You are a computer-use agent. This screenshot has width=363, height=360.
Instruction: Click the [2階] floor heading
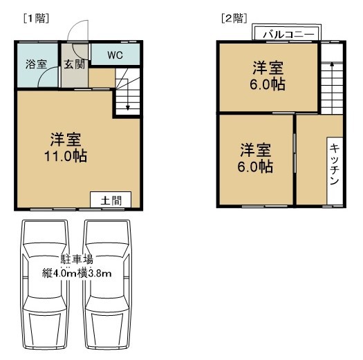coord(232,18)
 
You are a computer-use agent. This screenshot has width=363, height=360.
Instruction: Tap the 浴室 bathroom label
coord(36,64)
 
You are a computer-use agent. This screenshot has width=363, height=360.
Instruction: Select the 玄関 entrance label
coord(74,64)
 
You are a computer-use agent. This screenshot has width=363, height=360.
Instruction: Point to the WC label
coord(114,54)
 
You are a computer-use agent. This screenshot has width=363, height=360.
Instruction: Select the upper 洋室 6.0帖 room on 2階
coord(268,76)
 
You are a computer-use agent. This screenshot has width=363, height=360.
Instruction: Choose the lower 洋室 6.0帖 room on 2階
coord(256,158)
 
